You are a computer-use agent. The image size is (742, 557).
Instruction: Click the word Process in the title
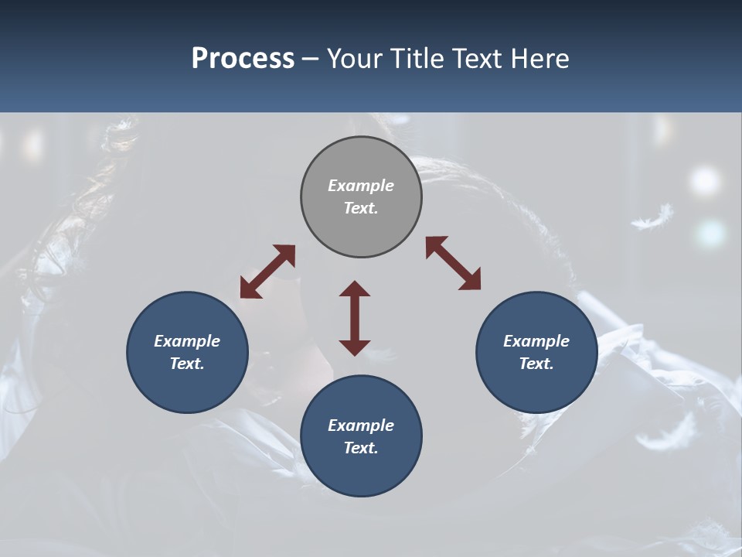pyautogui.click(x=243, y=59)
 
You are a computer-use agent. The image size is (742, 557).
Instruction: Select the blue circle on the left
pyautogui.click(x=187, y=352)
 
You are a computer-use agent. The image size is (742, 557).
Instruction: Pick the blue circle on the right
pyautogui.click(x=536, y=352)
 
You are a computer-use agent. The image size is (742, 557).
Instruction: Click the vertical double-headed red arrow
pyautogui.click(x=355, y=318)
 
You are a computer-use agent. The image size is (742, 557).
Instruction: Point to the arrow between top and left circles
pyautogui.click(x=267, y=272)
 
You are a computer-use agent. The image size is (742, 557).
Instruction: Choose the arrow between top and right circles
pyautogui.click(x=453, y=263)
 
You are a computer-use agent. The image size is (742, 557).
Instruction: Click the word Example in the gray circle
pyautogui.click(x=361, y=186)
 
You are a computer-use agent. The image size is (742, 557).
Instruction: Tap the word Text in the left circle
pyautogui.click(x=187, y=364)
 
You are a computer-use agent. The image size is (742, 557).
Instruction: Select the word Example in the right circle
pyautogui.click(x=536, y=341)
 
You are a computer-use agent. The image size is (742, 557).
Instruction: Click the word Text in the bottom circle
pyautogui.click(x=361, y=448)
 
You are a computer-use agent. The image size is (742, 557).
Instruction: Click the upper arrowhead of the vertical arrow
pyautogui.click(x=355, y=289)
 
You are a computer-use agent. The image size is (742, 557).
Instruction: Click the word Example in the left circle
pyautogui.click(x=187, y=341)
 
